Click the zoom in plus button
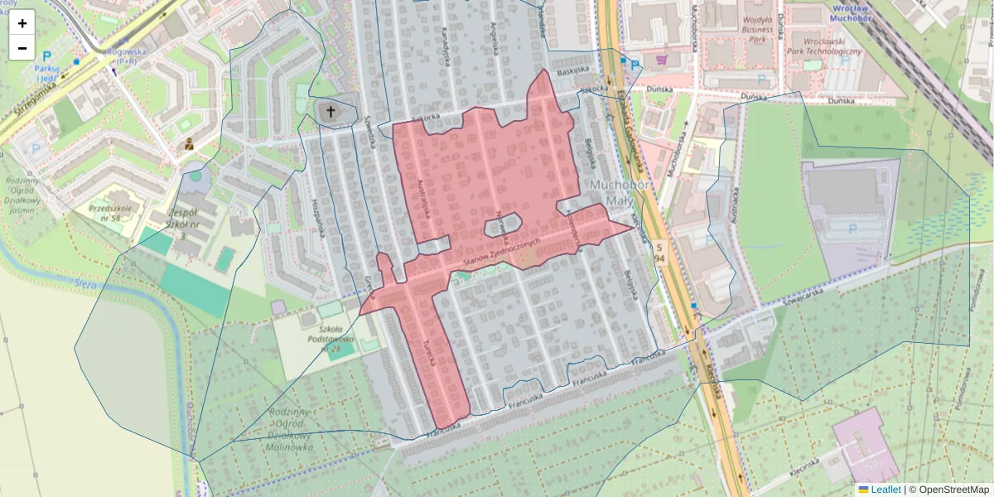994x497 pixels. (22, 22)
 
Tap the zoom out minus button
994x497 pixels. (22, 48)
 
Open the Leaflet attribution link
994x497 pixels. (884, 490)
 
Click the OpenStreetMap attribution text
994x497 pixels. (953, 490)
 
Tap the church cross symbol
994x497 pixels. (331, 112)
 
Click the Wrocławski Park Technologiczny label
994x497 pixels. (824, 45)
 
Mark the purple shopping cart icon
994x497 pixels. (661, 60)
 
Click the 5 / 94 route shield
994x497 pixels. (659, 253)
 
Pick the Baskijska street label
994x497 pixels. (572, 71)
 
